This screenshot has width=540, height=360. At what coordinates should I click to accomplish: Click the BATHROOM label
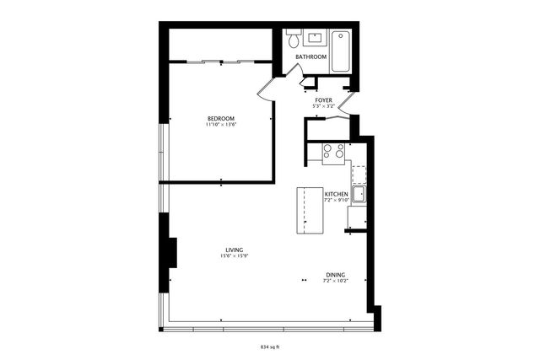[x=310, y=56]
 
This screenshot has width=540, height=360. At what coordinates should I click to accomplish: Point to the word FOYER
[x=324, y=100]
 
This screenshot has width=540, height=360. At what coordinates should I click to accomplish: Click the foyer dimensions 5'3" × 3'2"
[x=324, y=106]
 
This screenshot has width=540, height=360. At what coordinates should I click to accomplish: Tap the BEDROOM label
[x=221, y=118]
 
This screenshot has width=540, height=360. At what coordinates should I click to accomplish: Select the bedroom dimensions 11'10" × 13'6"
[x=221, y=125]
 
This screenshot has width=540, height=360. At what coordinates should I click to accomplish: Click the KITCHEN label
[x=337, y=194]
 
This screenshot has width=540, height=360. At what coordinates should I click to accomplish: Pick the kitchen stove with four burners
[x=333, y=152]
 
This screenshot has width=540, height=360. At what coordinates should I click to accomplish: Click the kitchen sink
[x=358, y=195]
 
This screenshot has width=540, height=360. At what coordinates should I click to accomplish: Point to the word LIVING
[x=235, y=250]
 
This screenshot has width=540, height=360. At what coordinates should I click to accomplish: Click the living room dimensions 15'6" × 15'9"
[x=235, y=256]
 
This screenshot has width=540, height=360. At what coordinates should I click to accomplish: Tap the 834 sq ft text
[x=270, y=346]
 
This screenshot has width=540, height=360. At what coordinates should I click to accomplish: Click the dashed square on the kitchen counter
[x=359, y=175]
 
